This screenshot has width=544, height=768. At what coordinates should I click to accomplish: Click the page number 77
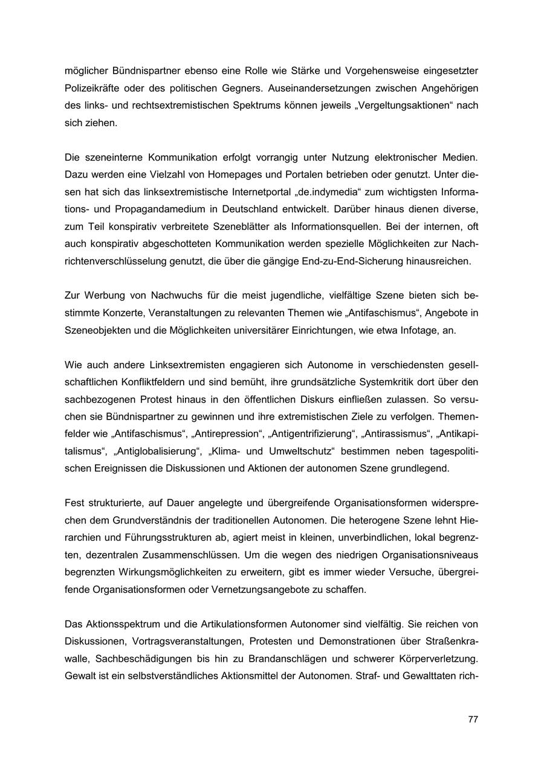click(x=473, y=720)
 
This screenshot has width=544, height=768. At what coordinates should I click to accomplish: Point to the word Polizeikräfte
click(x=92, y=88)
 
